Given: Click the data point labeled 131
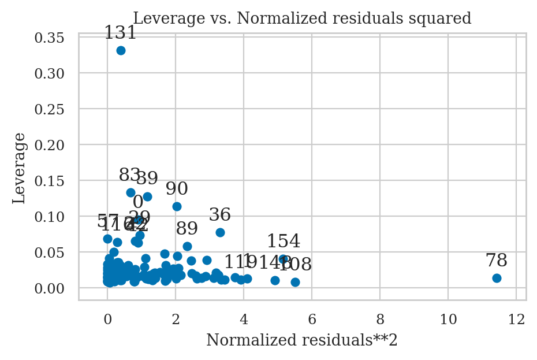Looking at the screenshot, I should (x=121, y=50).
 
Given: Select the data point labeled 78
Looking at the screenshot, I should (x=497, y=278).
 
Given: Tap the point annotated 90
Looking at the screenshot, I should (x=177, y=206).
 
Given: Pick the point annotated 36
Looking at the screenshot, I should (x=220, y=232).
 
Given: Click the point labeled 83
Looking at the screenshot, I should (x=130, y=192).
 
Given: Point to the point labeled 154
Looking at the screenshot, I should (x=283, y=259).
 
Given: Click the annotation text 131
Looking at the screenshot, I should (x=121, y=34).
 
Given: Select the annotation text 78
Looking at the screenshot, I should (x=497, y=261).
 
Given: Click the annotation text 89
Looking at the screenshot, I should (x=187, y=229).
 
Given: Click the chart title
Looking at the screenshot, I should (x=302, y=18).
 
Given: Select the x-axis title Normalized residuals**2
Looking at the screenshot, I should (x=302, y=340).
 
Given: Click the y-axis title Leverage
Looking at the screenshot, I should (x=20, y=168).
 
